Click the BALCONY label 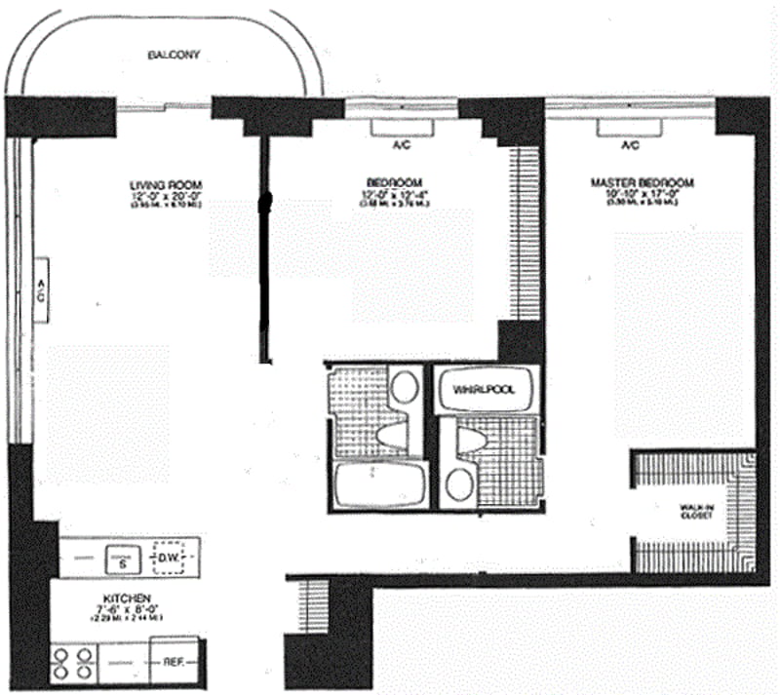[x=174, y=56]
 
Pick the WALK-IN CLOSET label [x=696, y=510]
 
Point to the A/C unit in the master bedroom [x=629, y=129]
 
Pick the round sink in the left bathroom [x=402, y=386]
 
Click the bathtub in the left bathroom [x=378, y=484]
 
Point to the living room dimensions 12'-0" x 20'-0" [x=165, y=195]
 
